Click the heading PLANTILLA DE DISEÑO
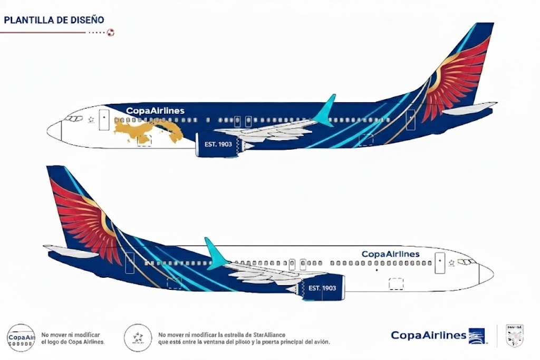54,20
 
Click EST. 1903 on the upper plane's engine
218,144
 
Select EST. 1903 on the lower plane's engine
322,288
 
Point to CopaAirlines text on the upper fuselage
155,111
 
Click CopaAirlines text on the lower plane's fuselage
390,254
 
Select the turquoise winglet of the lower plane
215,253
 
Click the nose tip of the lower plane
491,273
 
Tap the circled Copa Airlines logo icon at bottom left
21,337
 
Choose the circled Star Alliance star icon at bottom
138,337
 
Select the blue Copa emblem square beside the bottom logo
477,336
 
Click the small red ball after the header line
110,33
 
